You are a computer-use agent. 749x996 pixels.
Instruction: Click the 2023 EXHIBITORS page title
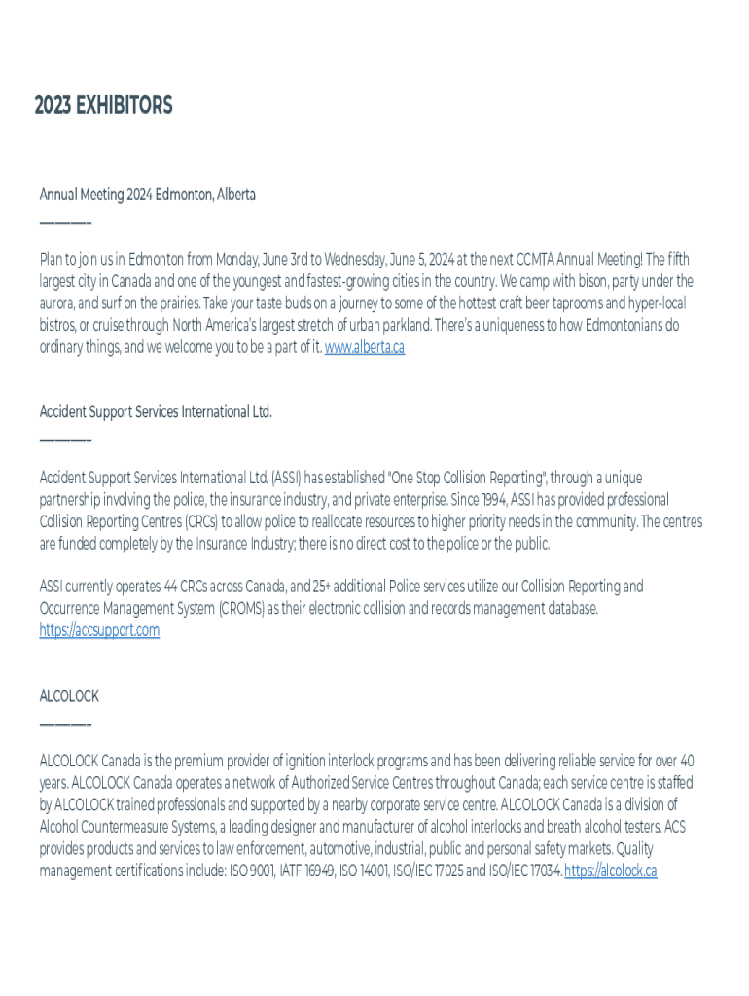pos(103,106)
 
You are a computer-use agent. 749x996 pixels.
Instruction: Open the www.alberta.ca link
pos(364,347)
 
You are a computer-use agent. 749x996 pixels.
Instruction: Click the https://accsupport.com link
pos(99,630)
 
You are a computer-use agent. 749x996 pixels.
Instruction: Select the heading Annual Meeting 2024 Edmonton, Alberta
pos(147,195)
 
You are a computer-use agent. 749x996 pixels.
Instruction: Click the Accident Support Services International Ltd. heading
pos(156,411)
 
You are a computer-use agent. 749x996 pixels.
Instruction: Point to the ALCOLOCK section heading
pos(69,696)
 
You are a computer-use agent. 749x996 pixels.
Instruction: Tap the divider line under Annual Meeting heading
pos(65,224)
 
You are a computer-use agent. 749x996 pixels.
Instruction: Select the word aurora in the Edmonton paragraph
pos(58,303)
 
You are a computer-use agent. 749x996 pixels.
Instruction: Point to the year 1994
pos(493,500)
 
